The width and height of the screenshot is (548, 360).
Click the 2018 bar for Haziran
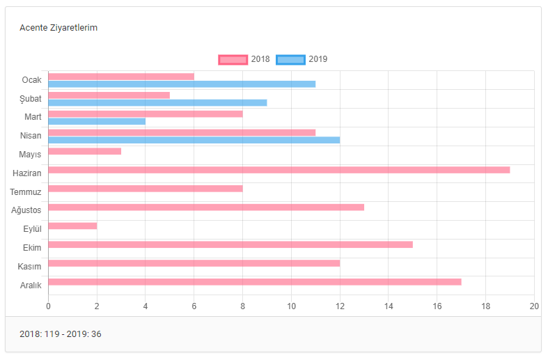click(279, 170)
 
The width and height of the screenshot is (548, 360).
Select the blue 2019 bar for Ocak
click(182, 84)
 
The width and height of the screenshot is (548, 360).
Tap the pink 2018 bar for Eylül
click(72, 226)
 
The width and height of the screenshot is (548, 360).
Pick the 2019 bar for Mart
click(97, 121)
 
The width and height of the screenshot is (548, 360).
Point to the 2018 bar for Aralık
click(255, 282)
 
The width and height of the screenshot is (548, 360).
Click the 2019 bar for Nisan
click(194, 140)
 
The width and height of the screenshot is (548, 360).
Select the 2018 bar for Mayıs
click(85, 151)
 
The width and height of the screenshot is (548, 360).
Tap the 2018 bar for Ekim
click(230, 244)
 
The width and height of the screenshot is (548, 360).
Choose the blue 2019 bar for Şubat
click(157, 103)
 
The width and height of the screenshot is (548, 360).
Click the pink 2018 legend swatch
click(233, 60)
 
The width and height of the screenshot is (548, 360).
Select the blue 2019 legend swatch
click(290, 60)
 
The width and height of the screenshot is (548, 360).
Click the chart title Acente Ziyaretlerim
click(58, 28)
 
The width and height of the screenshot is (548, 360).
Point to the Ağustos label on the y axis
click(26, 210)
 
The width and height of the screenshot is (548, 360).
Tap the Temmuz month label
click(26, 191)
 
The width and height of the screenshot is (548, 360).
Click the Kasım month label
click(30, 267)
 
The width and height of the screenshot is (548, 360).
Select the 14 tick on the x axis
click(389, 306)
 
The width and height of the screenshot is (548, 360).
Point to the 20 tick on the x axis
click(534, 306)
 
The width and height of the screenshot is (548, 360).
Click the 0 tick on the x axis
click(48, 306)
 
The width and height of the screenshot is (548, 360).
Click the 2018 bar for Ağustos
click(206, 207)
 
